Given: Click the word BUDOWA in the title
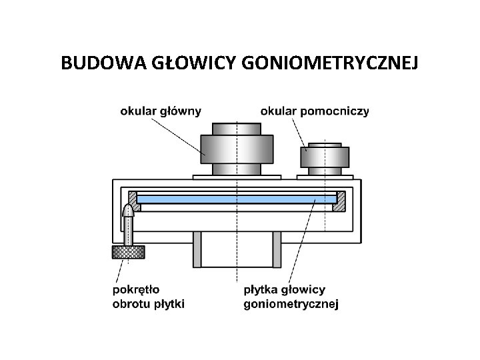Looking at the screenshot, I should (95, 63).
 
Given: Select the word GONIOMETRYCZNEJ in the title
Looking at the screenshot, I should (333, 63).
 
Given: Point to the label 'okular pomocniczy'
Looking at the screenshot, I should (315, 111).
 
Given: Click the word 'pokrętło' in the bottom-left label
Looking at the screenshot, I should (137, 290).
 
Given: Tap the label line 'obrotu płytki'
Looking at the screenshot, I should (149, 304).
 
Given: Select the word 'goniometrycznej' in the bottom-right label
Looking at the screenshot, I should (291, 305).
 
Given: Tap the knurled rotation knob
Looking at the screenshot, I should (129, 252).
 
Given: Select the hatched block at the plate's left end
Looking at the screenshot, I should (133, 198).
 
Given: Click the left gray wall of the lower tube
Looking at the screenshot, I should (196, 248).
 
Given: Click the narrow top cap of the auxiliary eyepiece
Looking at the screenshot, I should (324, 144).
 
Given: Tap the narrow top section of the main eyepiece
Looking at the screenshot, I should (237, 128).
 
